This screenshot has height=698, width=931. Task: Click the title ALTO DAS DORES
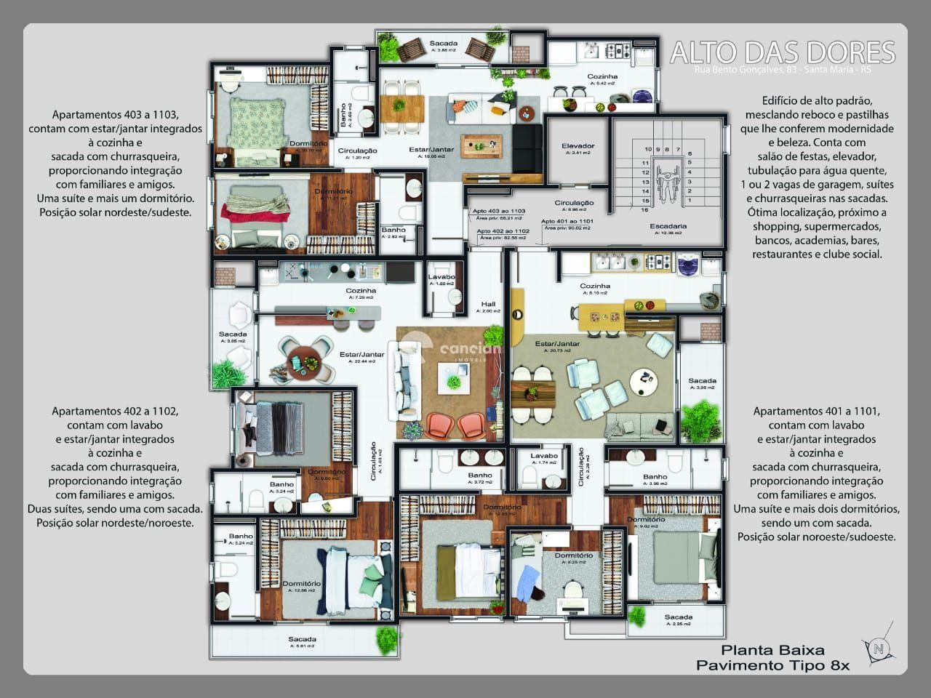click(782, 52)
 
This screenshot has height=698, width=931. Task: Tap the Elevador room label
click(578, 146)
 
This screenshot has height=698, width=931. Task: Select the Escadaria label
click(668, 226)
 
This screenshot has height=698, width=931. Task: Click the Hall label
click(487, 305)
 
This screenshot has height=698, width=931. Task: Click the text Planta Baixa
click(772, 651)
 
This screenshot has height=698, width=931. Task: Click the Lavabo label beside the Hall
click(441, 277)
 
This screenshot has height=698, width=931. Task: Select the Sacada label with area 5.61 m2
click(301, 639)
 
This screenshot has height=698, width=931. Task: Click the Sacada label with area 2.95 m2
click(678, 617)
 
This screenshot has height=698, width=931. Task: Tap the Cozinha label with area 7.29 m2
click(361, 291)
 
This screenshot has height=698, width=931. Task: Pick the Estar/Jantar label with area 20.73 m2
click(557, 344)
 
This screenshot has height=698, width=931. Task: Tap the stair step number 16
click(644, 210)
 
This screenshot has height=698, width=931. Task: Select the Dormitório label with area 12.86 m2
click(301, 584)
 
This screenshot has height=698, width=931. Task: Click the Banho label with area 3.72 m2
click(480, 476)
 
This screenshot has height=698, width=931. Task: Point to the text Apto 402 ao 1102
click(503, 230)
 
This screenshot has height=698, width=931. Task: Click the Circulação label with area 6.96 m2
click(574, 203)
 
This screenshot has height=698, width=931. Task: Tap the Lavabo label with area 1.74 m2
click(543, 456)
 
